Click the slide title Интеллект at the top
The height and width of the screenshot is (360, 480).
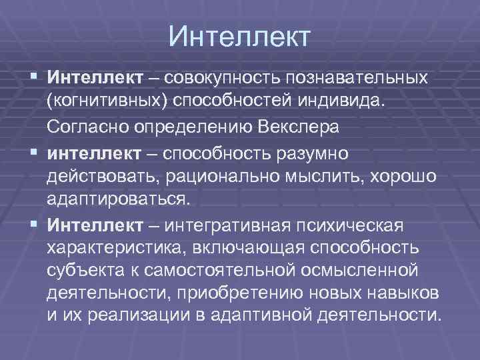[239, 36]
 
